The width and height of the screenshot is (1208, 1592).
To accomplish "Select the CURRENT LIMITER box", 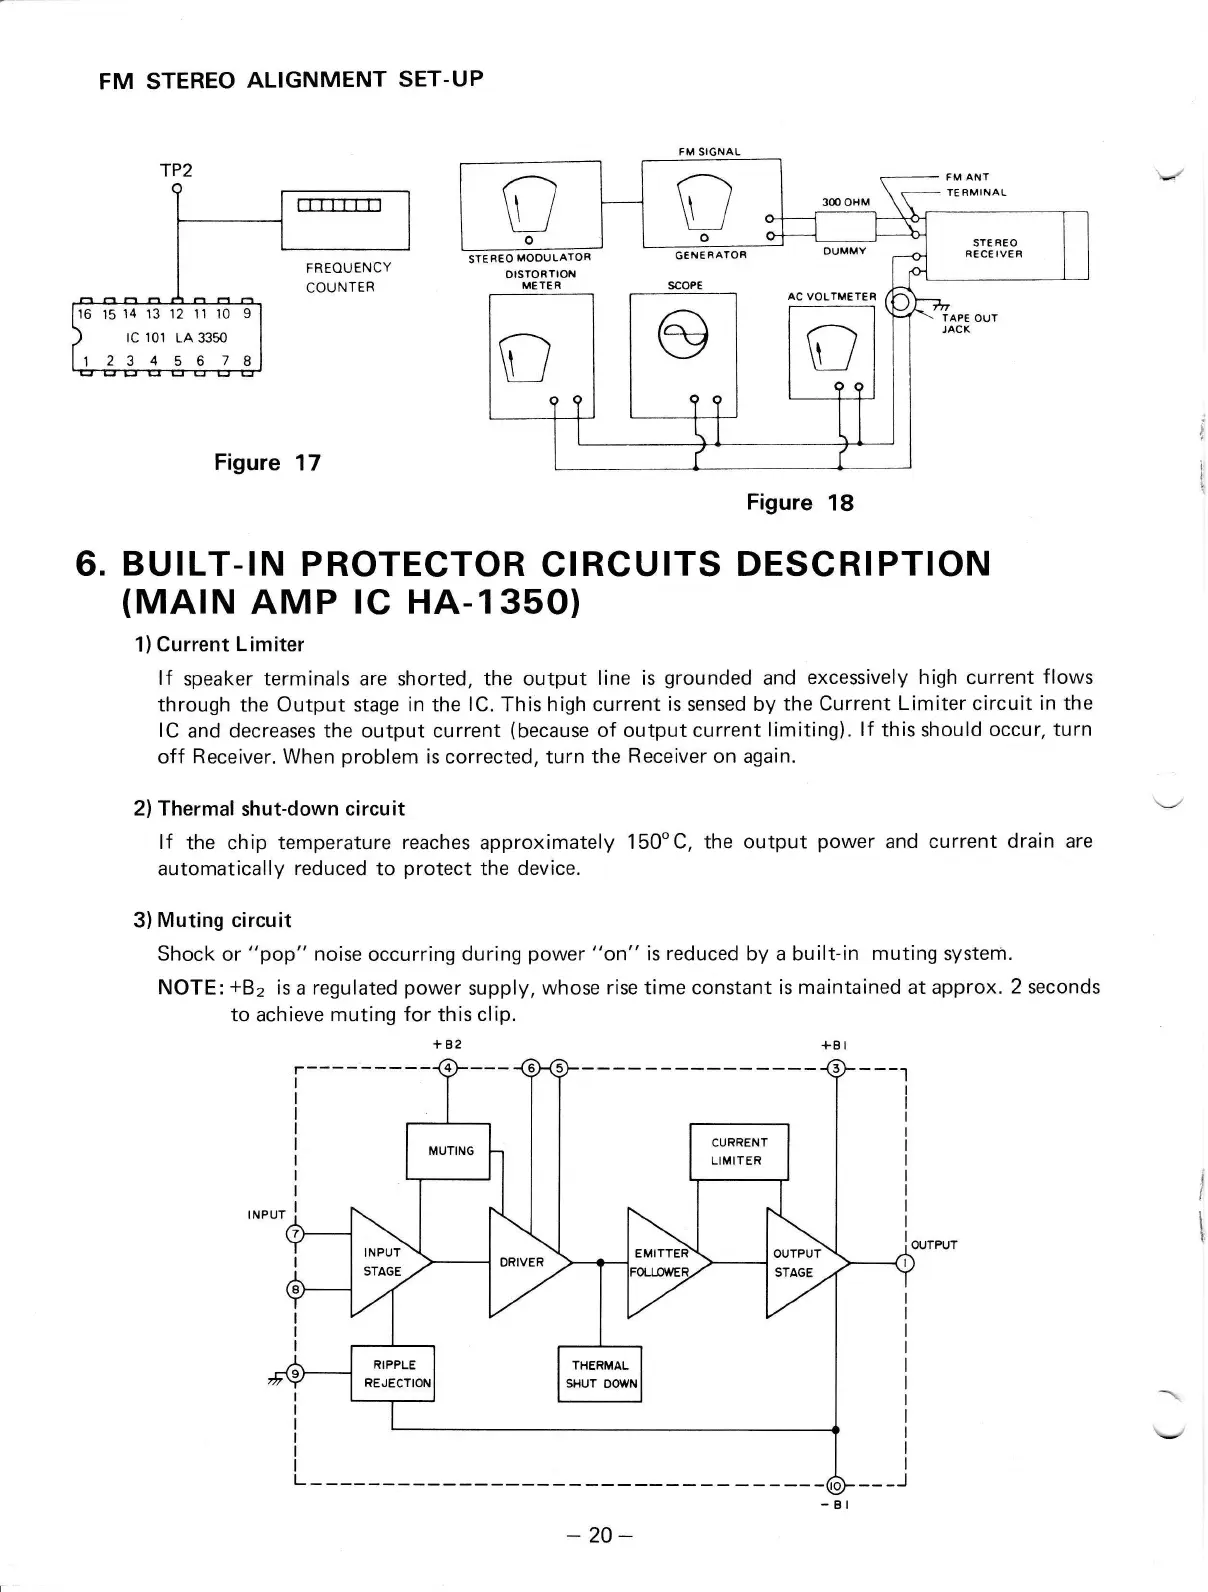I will (x=739, y=1151).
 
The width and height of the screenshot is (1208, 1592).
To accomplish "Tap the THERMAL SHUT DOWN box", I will (x=599, y=1374).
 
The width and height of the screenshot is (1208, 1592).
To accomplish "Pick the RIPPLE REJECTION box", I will (x=393, y=1373).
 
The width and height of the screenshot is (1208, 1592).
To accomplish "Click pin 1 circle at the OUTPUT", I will (x=906, y=1263).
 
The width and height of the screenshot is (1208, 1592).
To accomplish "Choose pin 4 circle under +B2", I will (x=448, y=1067).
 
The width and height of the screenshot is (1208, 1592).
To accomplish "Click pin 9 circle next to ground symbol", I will (x=294, y=1374).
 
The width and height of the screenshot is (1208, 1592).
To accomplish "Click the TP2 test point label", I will (x=176, y=170).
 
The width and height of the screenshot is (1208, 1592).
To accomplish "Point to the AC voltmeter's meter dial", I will (x=832, y=345).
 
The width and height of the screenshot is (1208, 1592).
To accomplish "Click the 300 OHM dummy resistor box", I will (x=845, y=227).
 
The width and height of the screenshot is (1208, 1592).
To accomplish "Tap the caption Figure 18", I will (x=800, y=502).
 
